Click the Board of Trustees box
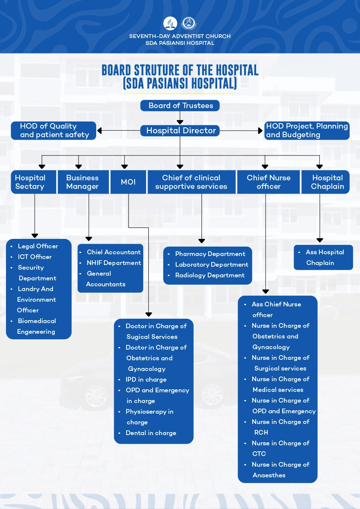pyautogui.click(x=180, y=106)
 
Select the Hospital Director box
pyautogui.click(x=180, y=131)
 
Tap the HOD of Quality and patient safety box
pyautogui.click(x=53, y=131)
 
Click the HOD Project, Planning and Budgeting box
pyautogui.click(x=307, y=131)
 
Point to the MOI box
pyautogui.click(x=128, y=182)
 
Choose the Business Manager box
pyautogui.click(x=83, y=182)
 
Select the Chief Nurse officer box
pyautogui.click(x=268, y=182)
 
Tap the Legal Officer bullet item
pyautogui.click(x=38, y=246)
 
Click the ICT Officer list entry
pyautogui.click(x=35, y=257)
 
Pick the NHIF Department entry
pyautogui.click(x=114, y=263)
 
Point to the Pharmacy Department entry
pyautogui.click(x=210, y=254)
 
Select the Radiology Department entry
pyautogui.click(x=210, y=275)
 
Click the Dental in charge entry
pyautogui.click(x=150, y=433)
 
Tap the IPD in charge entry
pyautogui.click(x=146, y=380)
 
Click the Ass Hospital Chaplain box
pyautogui.click(x=323, y=257)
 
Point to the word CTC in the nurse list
pyautogui.click(x=259, y=454)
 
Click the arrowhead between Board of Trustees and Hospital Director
pyautogui.click(x=180, y=122)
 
